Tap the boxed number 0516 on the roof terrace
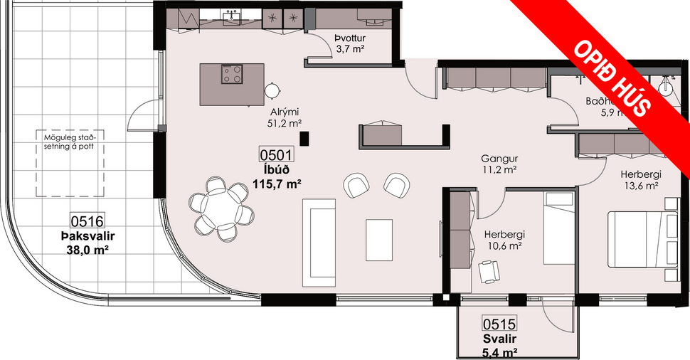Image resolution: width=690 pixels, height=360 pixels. point(87,221)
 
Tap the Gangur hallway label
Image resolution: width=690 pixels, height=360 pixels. point(498,158)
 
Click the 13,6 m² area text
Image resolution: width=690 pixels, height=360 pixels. point(639,186)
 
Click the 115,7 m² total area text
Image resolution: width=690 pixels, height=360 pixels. point(277,183)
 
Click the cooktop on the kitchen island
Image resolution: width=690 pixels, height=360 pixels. point(232,74)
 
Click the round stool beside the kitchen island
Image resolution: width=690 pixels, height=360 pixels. point(272,90)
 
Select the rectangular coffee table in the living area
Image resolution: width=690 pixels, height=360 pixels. point(379,240)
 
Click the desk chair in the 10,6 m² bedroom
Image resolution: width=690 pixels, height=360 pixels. point(489,270)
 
